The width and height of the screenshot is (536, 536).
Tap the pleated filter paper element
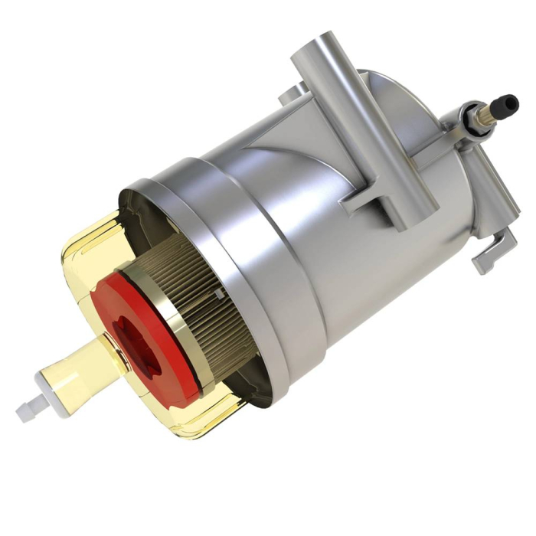coord(203,306)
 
